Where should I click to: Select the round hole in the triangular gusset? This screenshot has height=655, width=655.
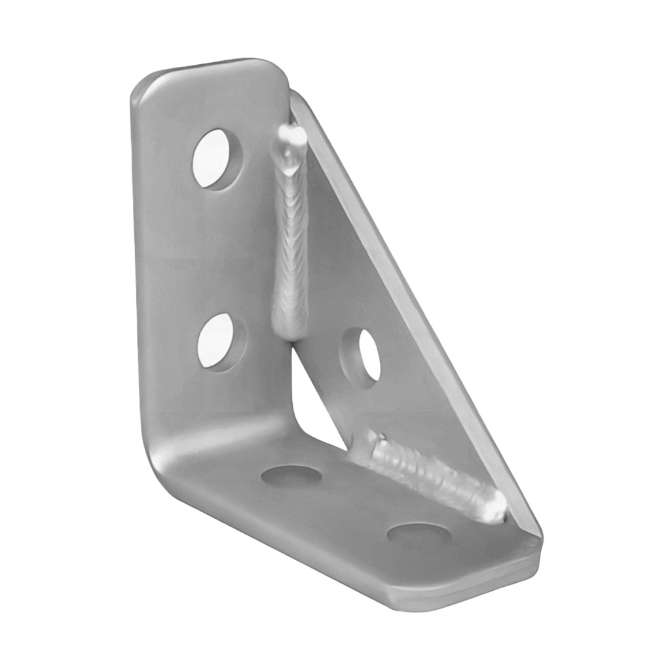click(362, 354)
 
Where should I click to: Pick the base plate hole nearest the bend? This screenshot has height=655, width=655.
click(291, 475)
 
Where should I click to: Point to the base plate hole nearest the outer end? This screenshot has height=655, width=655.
click(418, 533)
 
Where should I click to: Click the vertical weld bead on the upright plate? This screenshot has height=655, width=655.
click(290, 249)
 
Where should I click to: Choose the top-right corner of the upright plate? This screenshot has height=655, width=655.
click(278, 69)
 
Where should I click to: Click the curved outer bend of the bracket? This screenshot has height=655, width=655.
click(164, 458)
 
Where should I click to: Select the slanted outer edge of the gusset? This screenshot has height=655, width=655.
click(419, 314)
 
